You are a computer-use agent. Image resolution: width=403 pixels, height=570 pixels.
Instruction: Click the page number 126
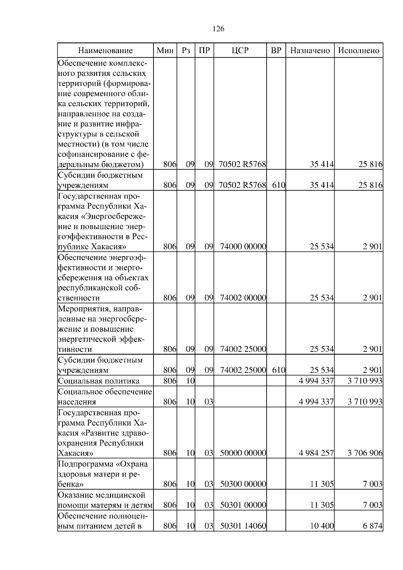pyautogui.click(x=219, y=29)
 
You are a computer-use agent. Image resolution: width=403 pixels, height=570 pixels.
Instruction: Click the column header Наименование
pyautogui.click(x=105, y=51)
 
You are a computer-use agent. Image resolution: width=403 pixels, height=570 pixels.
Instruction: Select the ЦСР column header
pyautogui.click(x=240, y=51)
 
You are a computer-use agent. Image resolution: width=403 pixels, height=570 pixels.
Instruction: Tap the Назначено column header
pyautogui.click(x=310, y=51)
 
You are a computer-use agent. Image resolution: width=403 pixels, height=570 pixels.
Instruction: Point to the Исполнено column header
pyautogui.click(x=358, y=51)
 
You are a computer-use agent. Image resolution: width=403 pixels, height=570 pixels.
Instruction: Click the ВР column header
pyautogui.click(x=276, y=51)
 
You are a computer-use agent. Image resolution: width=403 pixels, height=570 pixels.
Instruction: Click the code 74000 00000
pyautogui.click(x=243, y=247)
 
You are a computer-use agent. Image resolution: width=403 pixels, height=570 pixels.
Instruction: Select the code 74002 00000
pyautogui.click(x=243, y=298)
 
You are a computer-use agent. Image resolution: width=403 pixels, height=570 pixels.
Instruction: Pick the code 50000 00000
pyautogui.click(x=243, y=454)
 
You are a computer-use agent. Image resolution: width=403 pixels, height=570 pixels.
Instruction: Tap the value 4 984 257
pyautogui.click(x=316, y=454)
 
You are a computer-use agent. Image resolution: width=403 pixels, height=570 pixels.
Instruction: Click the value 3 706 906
pyautogui.click(x=365, y=454)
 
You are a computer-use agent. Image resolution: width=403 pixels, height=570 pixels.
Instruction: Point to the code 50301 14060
pyautogui.click(x=243, y=526)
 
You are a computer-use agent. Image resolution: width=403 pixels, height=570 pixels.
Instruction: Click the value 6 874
pyautogui.click(x=372, y=526)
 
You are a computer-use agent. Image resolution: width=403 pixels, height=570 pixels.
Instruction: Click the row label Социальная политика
pyautogui.click(x=99, y=381)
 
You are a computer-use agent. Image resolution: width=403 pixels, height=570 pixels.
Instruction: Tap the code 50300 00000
pyautogui.click(x=243, y=484)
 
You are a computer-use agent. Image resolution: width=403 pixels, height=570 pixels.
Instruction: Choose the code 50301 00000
pyautogui.click(x=243, y=505)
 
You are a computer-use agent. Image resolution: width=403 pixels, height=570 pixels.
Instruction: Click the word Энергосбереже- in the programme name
pyautogui.click(x=117, y=216)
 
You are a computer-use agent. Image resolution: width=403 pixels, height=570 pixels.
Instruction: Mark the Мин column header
pyautogui.click(x=165, y=51)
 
